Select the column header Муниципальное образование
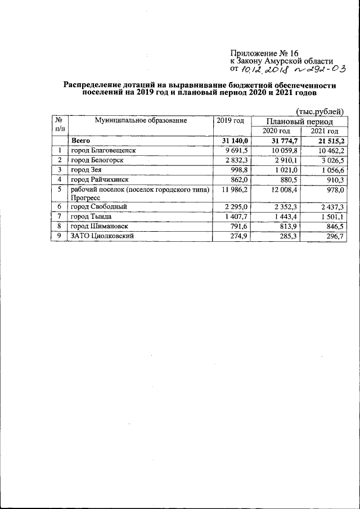point(140,120)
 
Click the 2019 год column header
point(229,120)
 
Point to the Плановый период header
point(299,121)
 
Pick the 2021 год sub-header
point(324,130)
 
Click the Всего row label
point(81,141)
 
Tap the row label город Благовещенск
point(103,150)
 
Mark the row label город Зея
point(86,170)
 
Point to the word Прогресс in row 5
point(85,198)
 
